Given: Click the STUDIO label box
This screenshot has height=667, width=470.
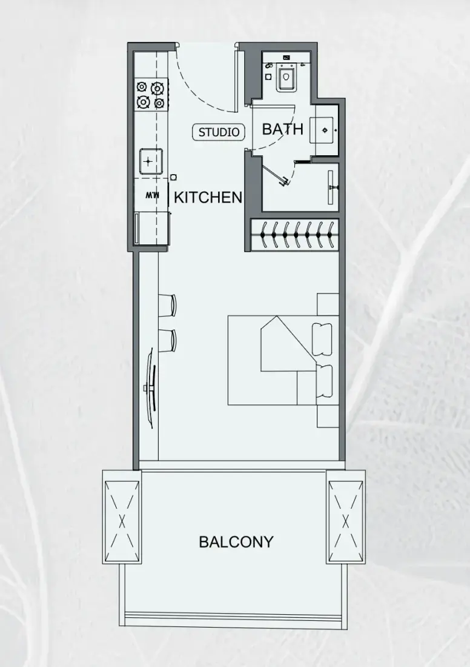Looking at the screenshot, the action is pos(219,132).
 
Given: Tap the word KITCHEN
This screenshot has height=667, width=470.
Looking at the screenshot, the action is pos(208,198).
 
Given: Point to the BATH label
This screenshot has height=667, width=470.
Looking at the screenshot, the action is pos(283,129).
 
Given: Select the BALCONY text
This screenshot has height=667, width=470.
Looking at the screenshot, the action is pos(236,541).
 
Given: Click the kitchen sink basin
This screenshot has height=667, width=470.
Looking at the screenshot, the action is pos(151,161).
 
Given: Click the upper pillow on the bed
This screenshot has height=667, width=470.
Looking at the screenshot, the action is pos(322,339).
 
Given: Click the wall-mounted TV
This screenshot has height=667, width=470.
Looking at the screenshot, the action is pos(151,387).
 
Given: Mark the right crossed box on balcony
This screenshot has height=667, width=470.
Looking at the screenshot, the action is pos(346,517).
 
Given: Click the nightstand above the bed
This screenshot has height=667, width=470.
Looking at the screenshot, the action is pos(328,304).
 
